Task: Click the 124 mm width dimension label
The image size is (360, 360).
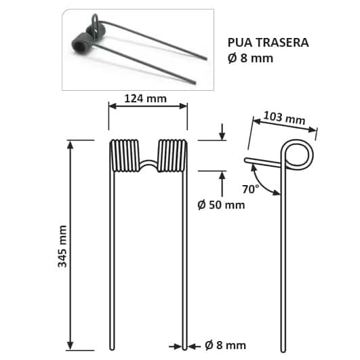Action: tap(147, 99)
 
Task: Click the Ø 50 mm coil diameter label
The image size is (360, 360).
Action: tap(220, 204)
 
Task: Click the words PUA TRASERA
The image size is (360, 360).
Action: tap(268, 43)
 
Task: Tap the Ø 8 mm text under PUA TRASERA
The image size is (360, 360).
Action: tap(251, 58)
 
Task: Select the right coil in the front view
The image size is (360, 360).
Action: tap(172, 155)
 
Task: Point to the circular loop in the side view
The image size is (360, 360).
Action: tap(298, 154)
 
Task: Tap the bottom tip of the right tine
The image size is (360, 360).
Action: tap(185, 347)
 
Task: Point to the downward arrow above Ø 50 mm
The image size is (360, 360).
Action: tap(222, 133)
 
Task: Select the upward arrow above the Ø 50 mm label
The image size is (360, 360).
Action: tap(222, 179)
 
